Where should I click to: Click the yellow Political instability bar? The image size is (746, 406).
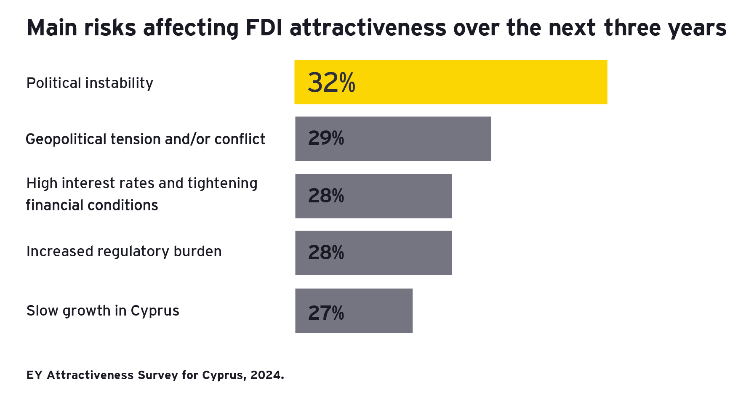(450, 82)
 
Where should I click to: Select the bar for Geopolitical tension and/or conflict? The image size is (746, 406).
(393, 139)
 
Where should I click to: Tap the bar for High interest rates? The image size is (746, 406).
(373, 196)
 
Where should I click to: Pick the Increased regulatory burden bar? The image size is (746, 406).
(373, 253)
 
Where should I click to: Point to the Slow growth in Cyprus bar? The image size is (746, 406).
(354, 310)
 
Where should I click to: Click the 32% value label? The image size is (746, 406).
(331, 82)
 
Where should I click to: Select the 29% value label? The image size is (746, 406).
(326, 138)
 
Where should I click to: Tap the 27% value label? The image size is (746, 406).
(326, 313)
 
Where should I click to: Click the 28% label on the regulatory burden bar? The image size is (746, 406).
(326, 252)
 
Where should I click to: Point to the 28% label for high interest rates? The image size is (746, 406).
(326, 196)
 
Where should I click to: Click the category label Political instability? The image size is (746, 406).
(90, 83)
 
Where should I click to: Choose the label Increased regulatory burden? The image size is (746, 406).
(124, 251)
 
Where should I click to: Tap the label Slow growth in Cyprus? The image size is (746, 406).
(103, 310)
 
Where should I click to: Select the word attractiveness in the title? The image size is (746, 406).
(368, 28)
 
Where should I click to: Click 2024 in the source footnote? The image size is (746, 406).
(267, 375)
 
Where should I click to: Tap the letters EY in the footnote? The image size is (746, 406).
(34, 375)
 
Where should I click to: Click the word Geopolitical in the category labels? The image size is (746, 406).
(66, 139)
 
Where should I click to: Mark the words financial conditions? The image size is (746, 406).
(92, 205)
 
